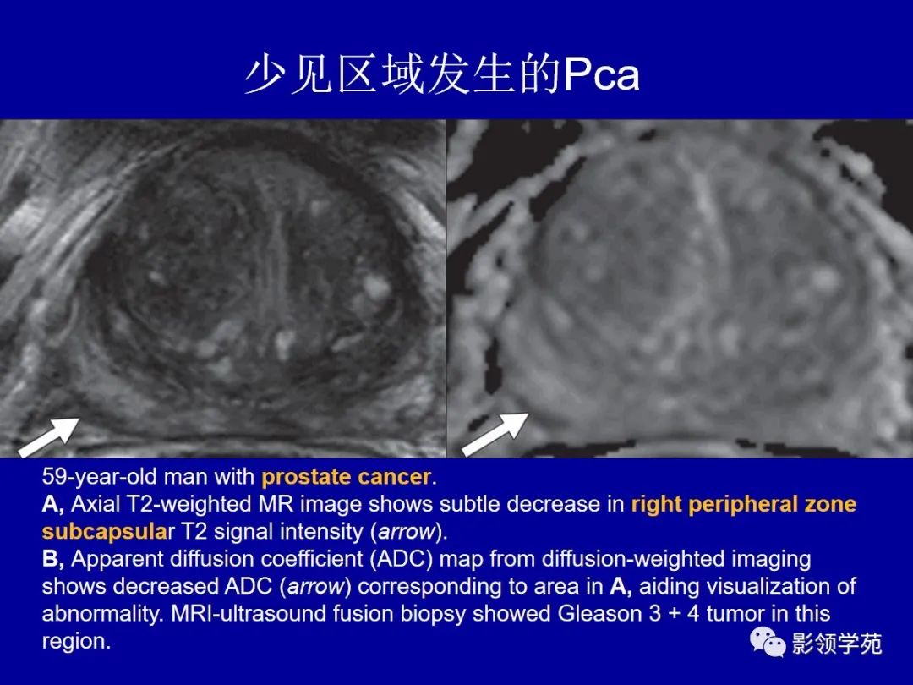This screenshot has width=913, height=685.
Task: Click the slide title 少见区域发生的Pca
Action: click(441, 76)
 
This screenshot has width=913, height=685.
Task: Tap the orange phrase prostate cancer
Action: click(346, 477)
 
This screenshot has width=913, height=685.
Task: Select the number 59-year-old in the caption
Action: click(101, 477)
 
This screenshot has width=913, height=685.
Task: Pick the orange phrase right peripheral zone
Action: click(743, 505)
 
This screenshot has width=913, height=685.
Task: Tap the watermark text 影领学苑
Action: click(837, 644)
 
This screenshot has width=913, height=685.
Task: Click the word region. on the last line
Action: click(76, 641)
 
